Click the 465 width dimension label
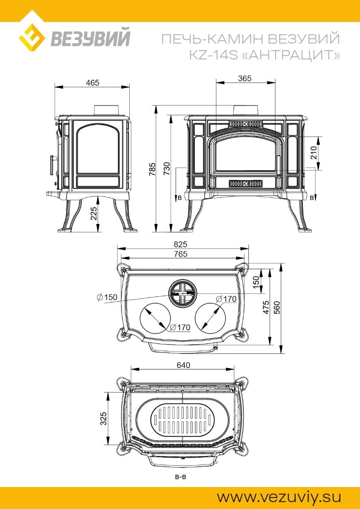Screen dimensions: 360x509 pos(92,83)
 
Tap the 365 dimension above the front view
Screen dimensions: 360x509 pos(245,78)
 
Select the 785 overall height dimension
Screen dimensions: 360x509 pos(152,169)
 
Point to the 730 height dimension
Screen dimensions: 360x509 pos(167,168)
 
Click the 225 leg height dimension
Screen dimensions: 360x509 pos(94,213)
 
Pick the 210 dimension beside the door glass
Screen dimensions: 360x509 pos(313,153)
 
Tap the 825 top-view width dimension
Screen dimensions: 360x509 pos(181,244)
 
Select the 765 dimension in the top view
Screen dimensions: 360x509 pos(181,254)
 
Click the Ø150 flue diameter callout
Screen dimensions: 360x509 pos(107,297)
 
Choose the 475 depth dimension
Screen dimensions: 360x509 pos(266,308)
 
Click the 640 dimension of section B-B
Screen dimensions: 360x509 pos(183,365)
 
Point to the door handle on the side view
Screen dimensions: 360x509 pos(53,165)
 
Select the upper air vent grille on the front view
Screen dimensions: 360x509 pos(246,124)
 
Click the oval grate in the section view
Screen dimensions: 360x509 pos(183,420)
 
